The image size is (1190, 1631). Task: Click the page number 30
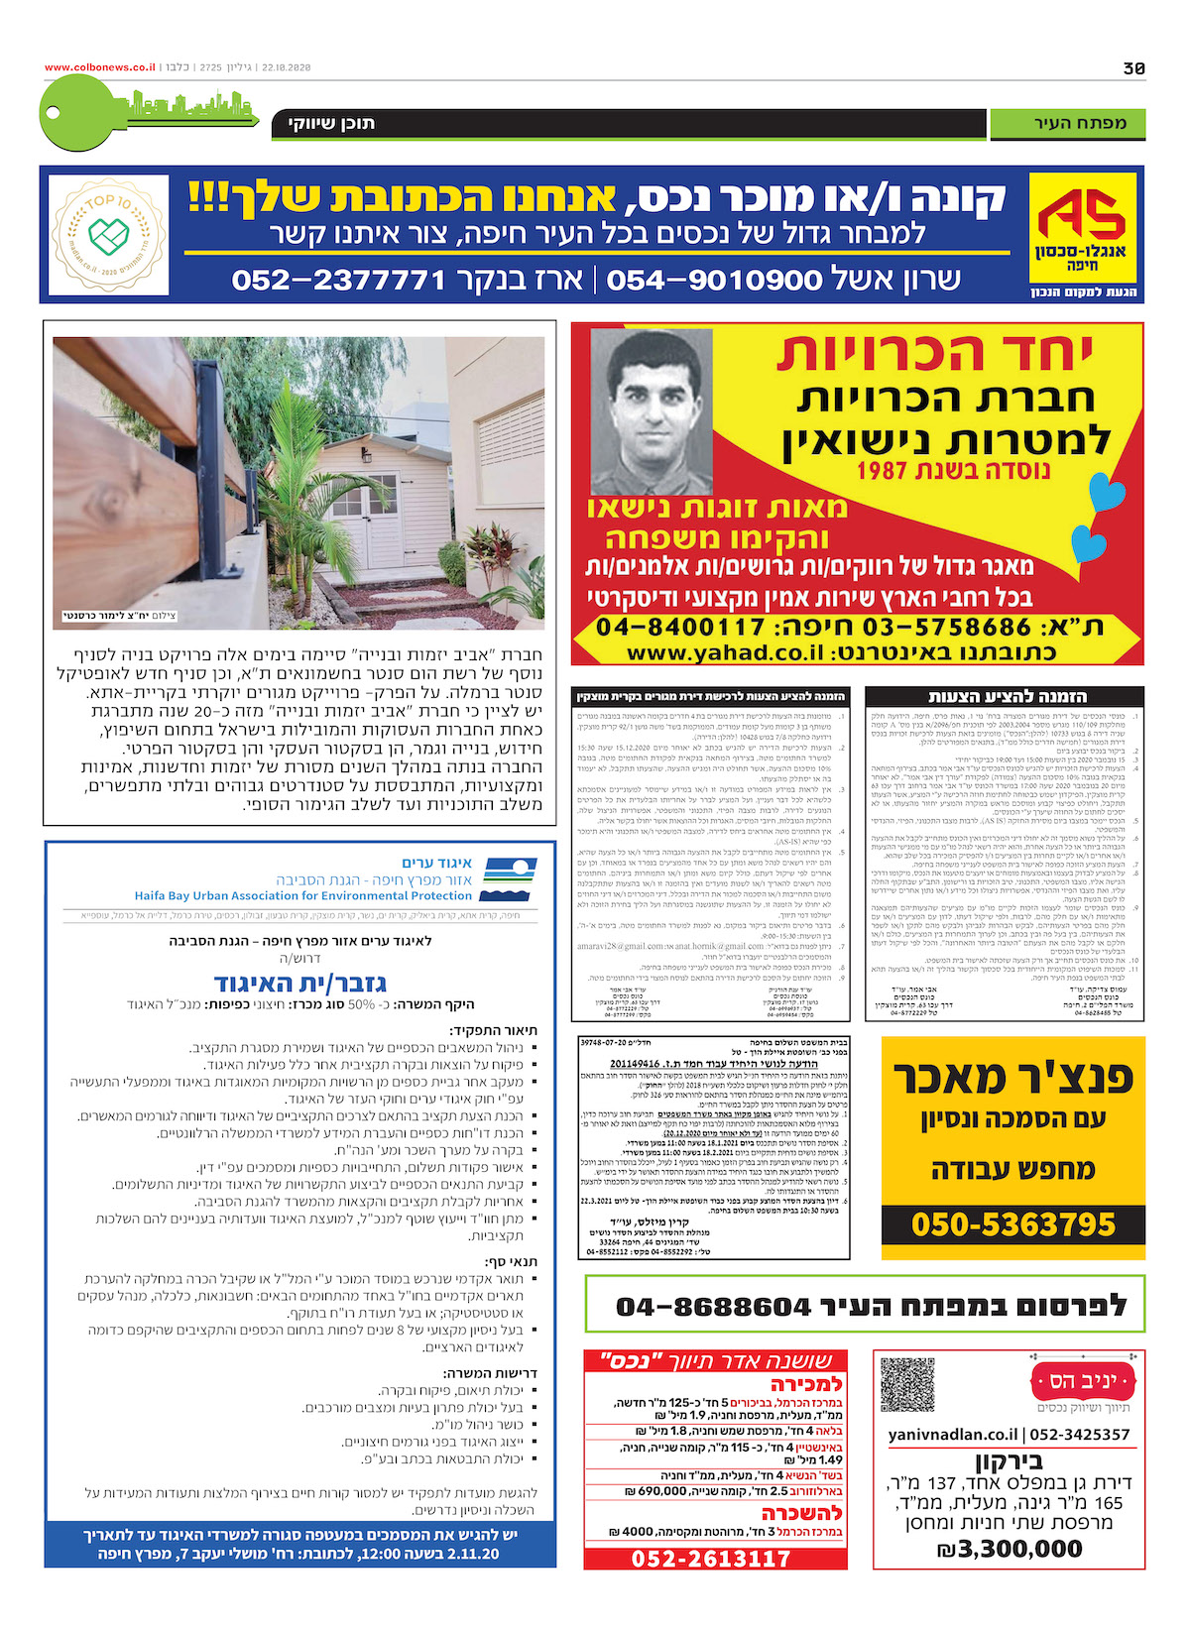pyautogui.click(x=1133, y=68)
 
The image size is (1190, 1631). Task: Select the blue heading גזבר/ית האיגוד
pyautogui.click(x=299, y=983)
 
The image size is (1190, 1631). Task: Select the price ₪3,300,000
pyautogui.click(x=1010, y=1549)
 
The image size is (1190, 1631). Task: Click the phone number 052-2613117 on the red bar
pyautogui.click(x=711, y=1559)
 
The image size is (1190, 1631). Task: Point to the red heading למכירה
pyautogui.click(x=806, y=1384)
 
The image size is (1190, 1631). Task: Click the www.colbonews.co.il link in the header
pyautogui.click(x=99, y=67)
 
